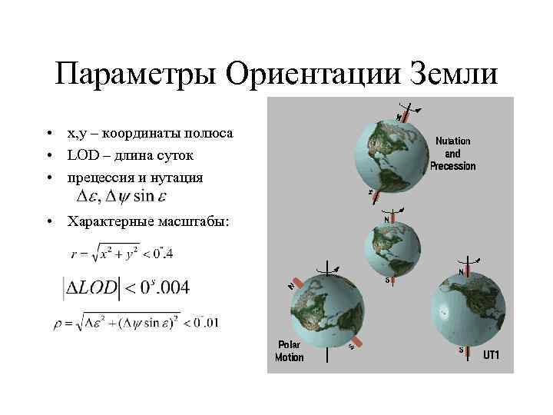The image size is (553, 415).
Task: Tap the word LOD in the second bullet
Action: pyautogui.click(x=79, y=155)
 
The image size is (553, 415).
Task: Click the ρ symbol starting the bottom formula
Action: pyautogui.click(x=57, y=323)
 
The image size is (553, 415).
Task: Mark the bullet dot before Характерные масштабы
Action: pyautogui.click(x=48, y=223)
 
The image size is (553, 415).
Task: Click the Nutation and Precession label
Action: pyautogui.click(x=452, y=154)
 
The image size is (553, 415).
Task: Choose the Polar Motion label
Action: pyautogui.click(x=290, y=351)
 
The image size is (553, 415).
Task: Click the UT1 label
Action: pyautogui.click(x=491, y=355)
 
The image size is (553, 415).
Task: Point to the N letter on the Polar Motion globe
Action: pyautogui.click(x=291, y=285)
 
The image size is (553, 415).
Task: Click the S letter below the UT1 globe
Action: pyautogui.click(x=462, y=350)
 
